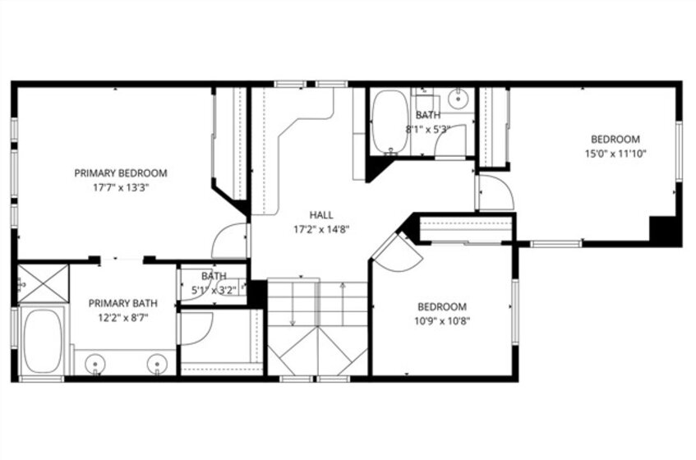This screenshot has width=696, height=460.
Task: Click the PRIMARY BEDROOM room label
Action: tap(121, 173)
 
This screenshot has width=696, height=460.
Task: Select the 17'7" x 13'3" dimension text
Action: tap(120, 187)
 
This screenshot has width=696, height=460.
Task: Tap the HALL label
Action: tap(321, 215)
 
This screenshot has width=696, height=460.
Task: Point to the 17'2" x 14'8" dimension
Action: tap(321, 230)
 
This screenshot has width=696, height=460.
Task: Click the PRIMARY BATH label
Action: tap(123, 303)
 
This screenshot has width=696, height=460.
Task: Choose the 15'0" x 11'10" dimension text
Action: tap(615, 154)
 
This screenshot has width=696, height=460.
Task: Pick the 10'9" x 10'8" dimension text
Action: tap(442, 321)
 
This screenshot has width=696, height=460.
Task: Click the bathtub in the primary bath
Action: tap(42, 341)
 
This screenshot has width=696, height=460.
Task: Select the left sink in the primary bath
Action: tap(95, 363)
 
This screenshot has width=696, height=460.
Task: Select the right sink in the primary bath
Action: tap(157, 363)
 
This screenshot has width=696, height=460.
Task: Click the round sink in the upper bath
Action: tap(458, 99)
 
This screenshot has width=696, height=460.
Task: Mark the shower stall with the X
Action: tap(43, 284)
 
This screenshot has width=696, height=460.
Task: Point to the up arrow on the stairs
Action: tap(343, 304)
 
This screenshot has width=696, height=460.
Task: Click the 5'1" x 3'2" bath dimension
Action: tap(214, 291)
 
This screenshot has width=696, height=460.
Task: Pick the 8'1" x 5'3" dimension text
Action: tap(428, 130)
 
